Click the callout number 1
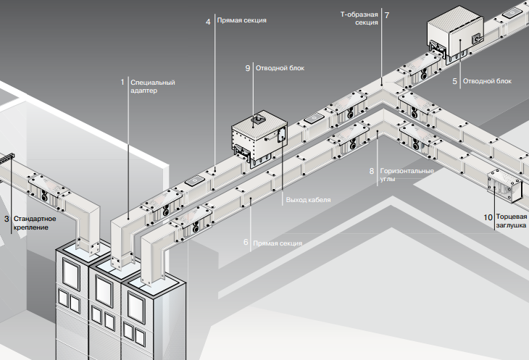click(122, 83)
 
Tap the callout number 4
click(208, 22)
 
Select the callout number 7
click(387, 14)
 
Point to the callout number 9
click(248, 68)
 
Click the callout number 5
click(455, 82)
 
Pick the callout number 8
click(372, 172)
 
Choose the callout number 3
click(7, 218)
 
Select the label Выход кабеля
click(308, 199)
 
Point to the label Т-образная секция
click(359, 19)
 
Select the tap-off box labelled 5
click(457, 38)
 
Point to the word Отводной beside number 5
click(478, 82)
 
